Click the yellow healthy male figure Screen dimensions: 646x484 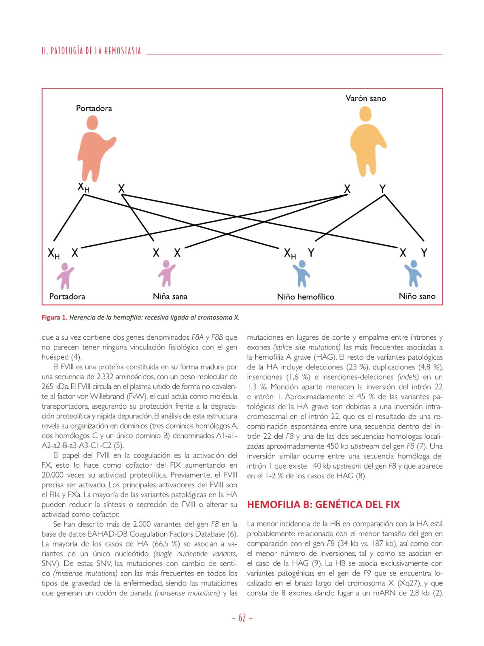coord(367,141)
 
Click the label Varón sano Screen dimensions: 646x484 coord(365,98)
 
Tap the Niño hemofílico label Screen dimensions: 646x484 coord(306,297)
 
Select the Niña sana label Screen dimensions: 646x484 coord(170,296)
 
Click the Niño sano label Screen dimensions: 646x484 coord(417,296)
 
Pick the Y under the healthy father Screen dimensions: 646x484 coord(382,188)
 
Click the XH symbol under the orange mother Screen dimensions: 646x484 coord(83,187)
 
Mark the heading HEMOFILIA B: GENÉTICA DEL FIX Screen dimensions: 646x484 coord(323,504)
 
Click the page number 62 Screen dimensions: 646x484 coord(242,618)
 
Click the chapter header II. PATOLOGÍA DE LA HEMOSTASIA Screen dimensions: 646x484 coord(91,51)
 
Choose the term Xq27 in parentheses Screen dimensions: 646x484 coord(408,584)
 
